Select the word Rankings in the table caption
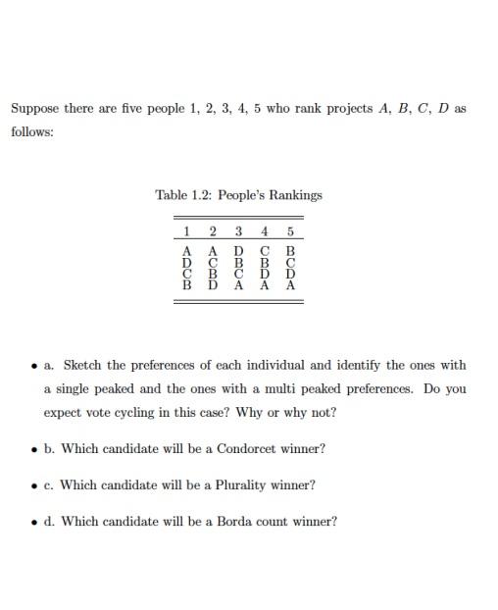coord(296,194)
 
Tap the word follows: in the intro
coord(32,131)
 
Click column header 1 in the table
coord(186,231)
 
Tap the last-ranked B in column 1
coord(186,286)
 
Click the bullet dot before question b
coord(34,449)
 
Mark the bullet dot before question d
coord(34,522)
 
